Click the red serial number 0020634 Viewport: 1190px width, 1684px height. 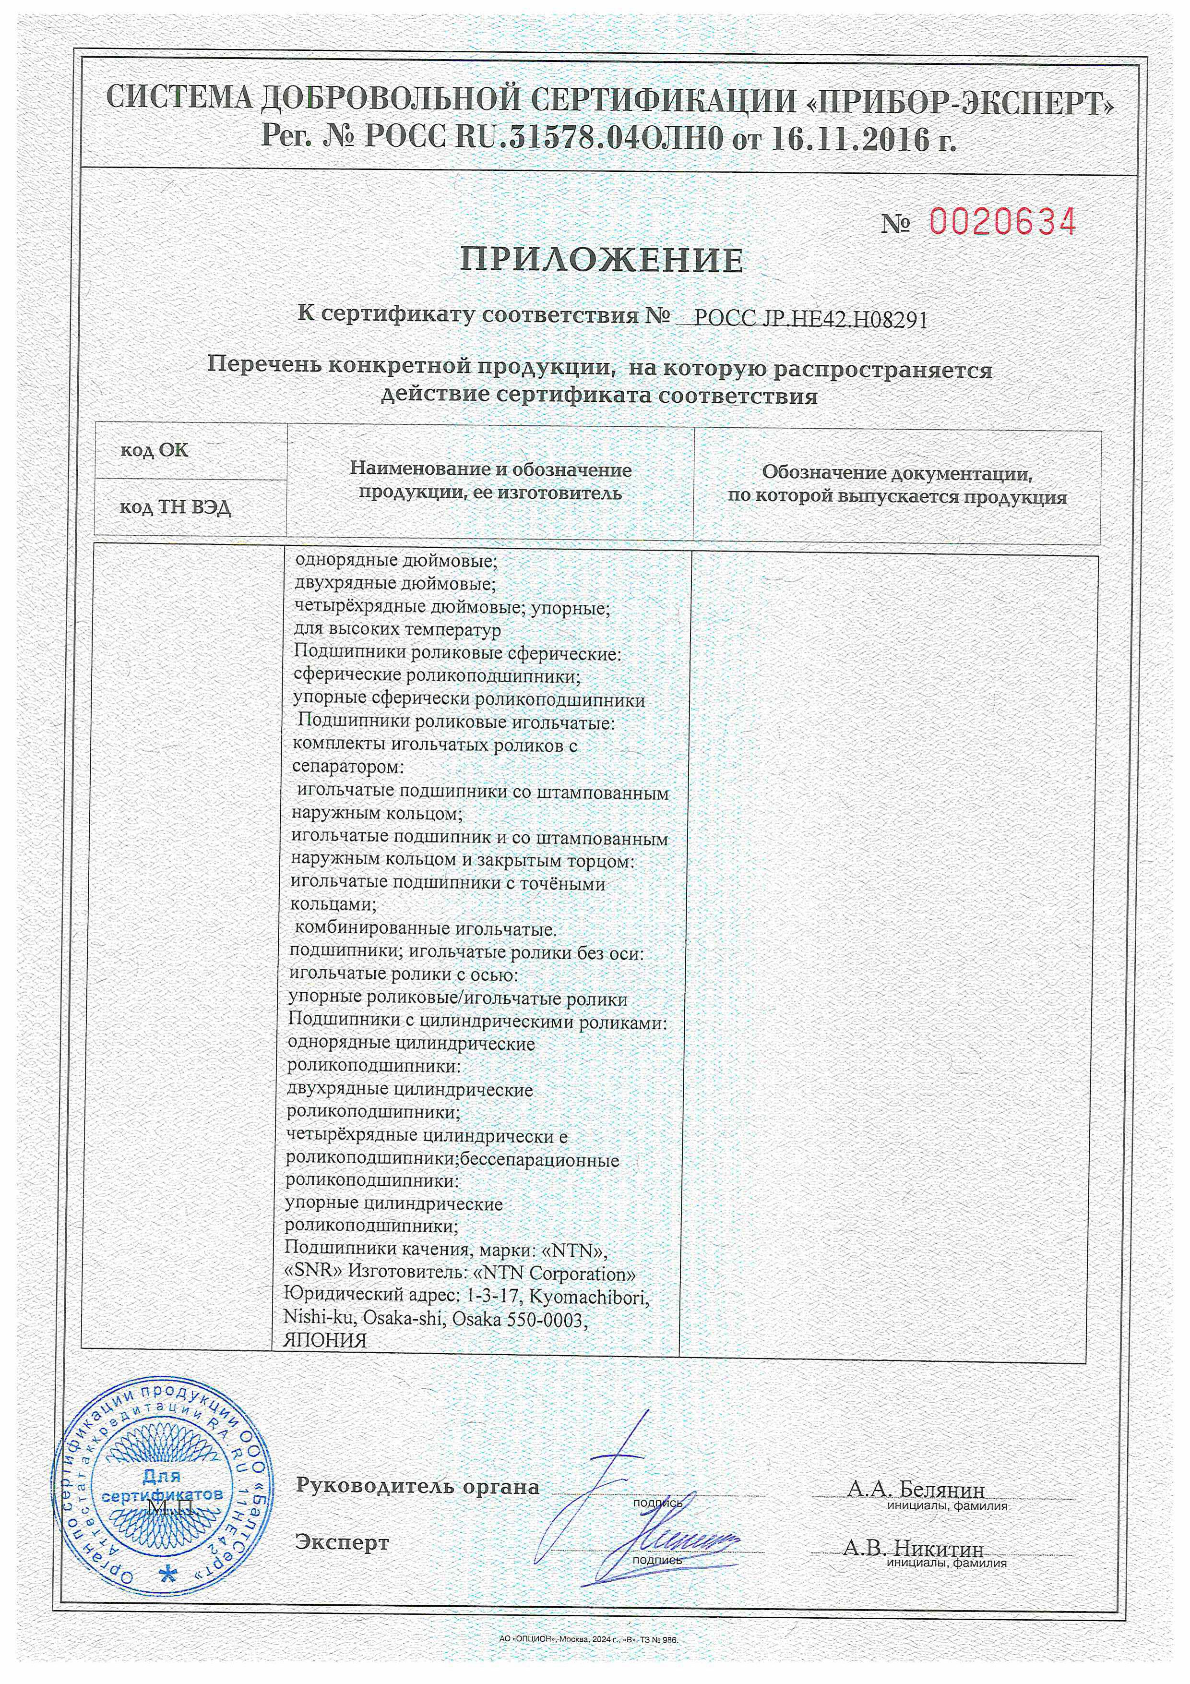click(x=1002, y=221)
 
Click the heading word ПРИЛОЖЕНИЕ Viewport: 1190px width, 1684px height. click(x=601, y=260)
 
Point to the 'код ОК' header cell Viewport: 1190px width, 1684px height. click(x=155, y=450)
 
